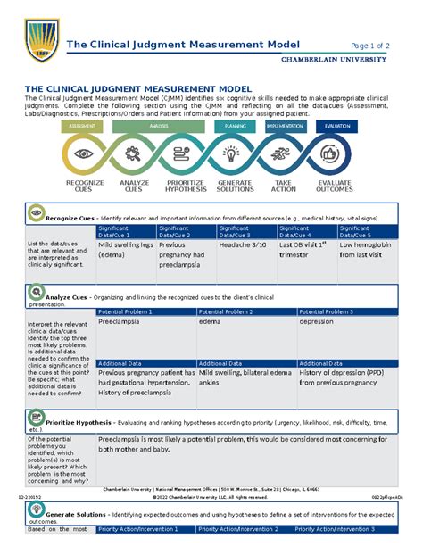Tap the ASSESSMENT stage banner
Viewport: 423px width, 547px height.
pos(82,127)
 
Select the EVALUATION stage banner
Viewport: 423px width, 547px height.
pos(337,127)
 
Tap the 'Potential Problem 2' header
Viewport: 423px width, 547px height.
pos(227,311)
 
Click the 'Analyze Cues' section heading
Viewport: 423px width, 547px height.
pos(67,296)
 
